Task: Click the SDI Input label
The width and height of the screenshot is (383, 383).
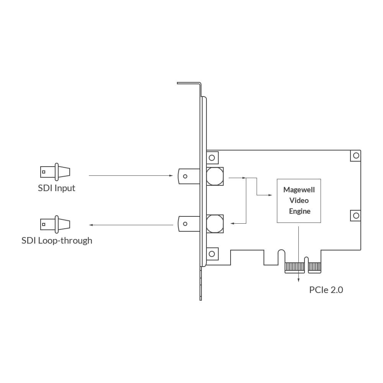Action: tap(56, 188)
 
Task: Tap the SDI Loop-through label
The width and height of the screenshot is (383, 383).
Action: tap(57, 241)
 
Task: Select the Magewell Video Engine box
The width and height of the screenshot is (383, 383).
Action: tap(299, 201)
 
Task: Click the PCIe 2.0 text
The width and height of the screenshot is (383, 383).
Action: tap(326, 290)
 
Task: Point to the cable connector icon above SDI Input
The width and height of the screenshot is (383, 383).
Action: tap(55, 172)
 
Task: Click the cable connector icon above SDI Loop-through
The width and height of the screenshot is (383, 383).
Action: tap(55, 224)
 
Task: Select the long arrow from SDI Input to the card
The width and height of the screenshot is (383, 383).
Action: tap(130, 176)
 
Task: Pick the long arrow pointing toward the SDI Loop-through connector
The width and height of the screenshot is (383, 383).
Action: tap(130, 225)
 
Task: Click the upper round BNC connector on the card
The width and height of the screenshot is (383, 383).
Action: tap(215, 176)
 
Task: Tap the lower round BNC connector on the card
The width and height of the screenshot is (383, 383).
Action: tap(215, 223)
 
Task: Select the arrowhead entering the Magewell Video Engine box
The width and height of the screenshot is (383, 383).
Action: tap(270, 195)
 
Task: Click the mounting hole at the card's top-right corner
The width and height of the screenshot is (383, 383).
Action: tap(356, 155)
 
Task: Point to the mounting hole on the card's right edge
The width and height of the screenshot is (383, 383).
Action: tap(356, 216)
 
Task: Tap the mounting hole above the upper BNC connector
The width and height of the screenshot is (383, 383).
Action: tap(212, 157)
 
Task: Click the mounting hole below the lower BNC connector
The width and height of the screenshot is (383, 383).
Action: tap(212, 254)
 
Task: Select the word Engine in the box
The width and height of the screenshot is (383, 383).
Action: tap(300, 211)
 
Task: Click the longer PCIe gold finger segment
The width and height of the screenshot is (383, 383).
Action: tap(295, 267)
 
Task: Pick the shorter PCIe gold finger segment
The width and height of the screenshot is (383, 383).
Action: tap(314, 267)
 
